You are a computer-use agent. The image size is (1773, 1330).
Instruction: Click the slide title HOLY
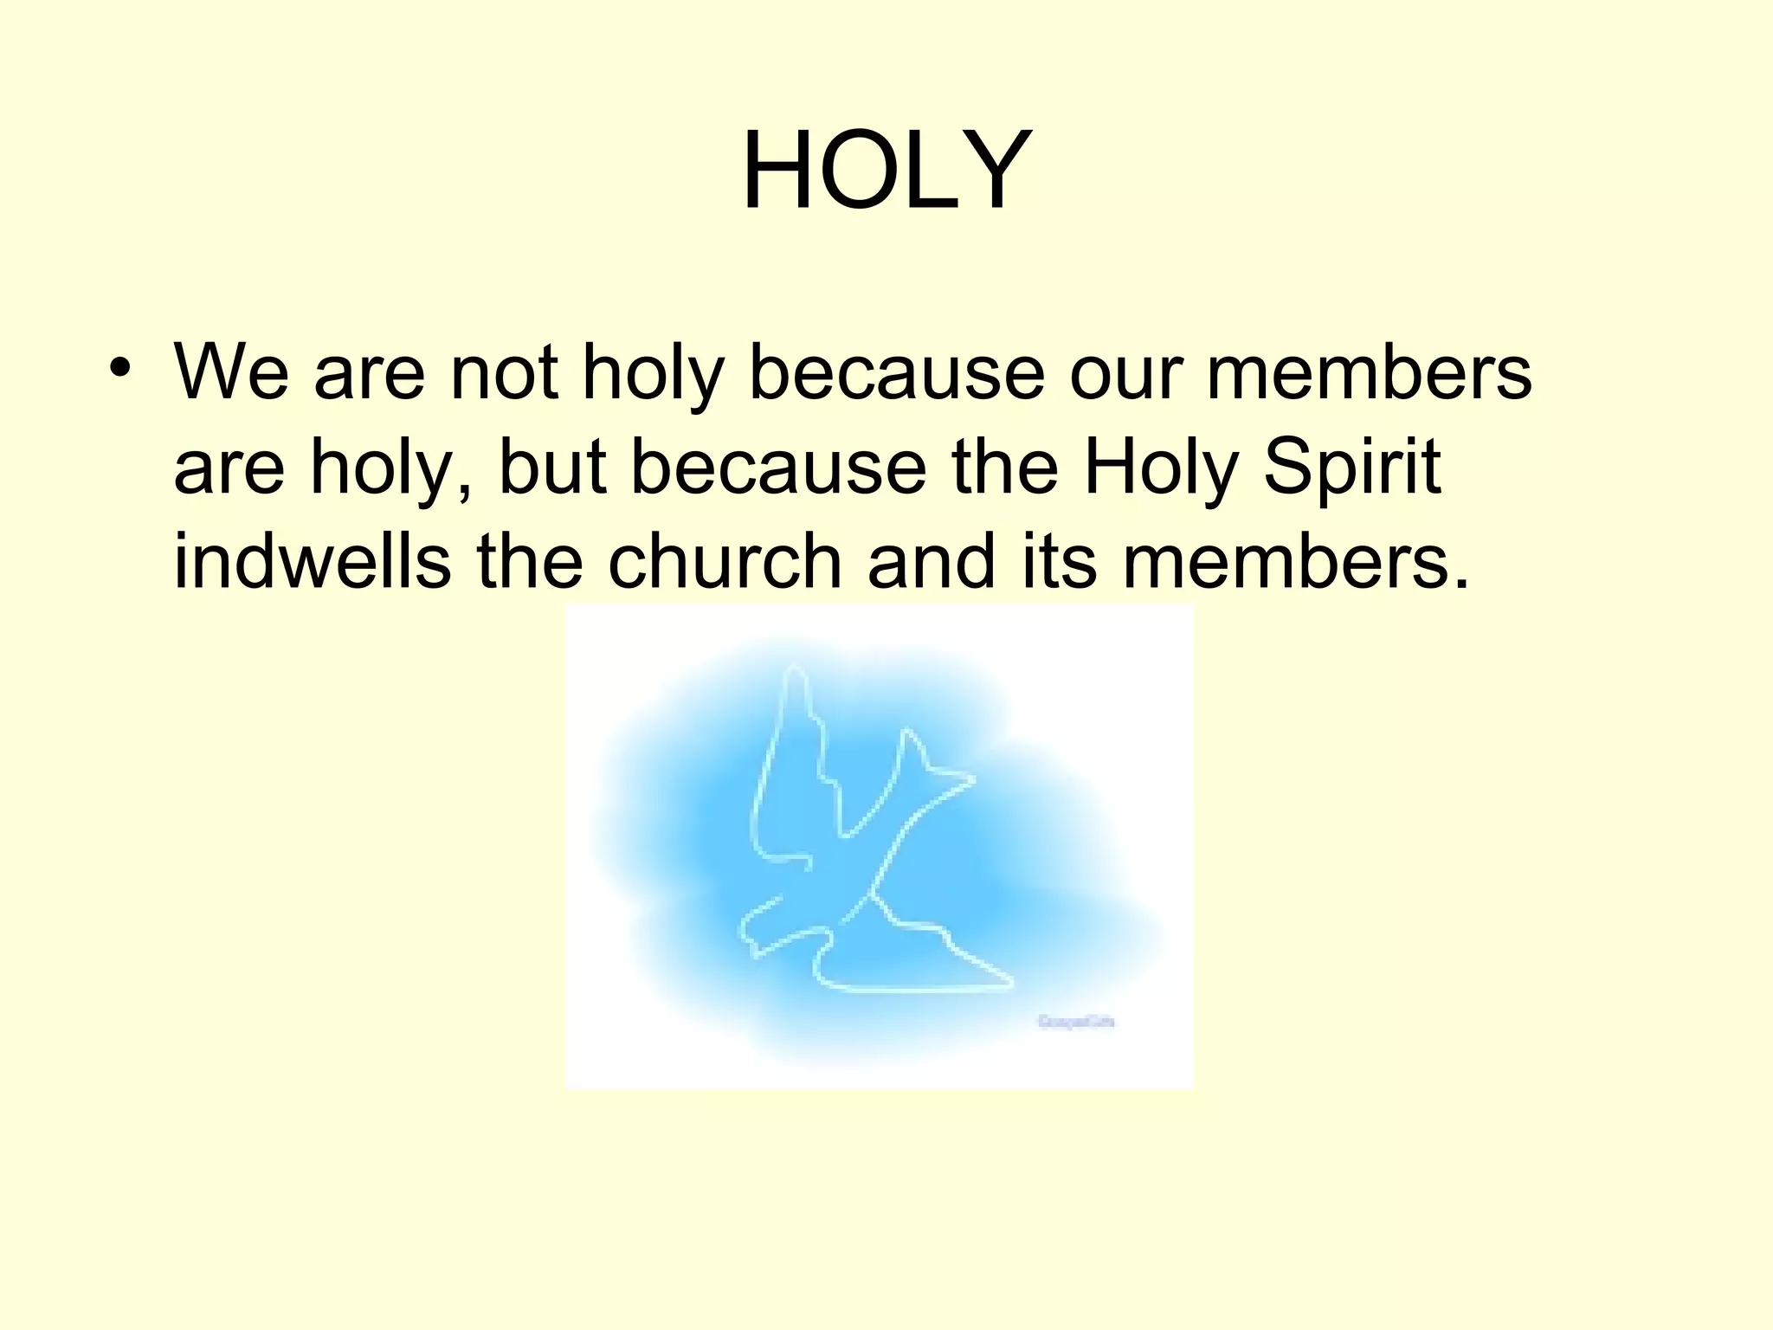886,171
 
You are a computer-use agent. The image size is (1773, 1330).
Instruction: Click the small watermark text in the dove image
1076,1023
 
